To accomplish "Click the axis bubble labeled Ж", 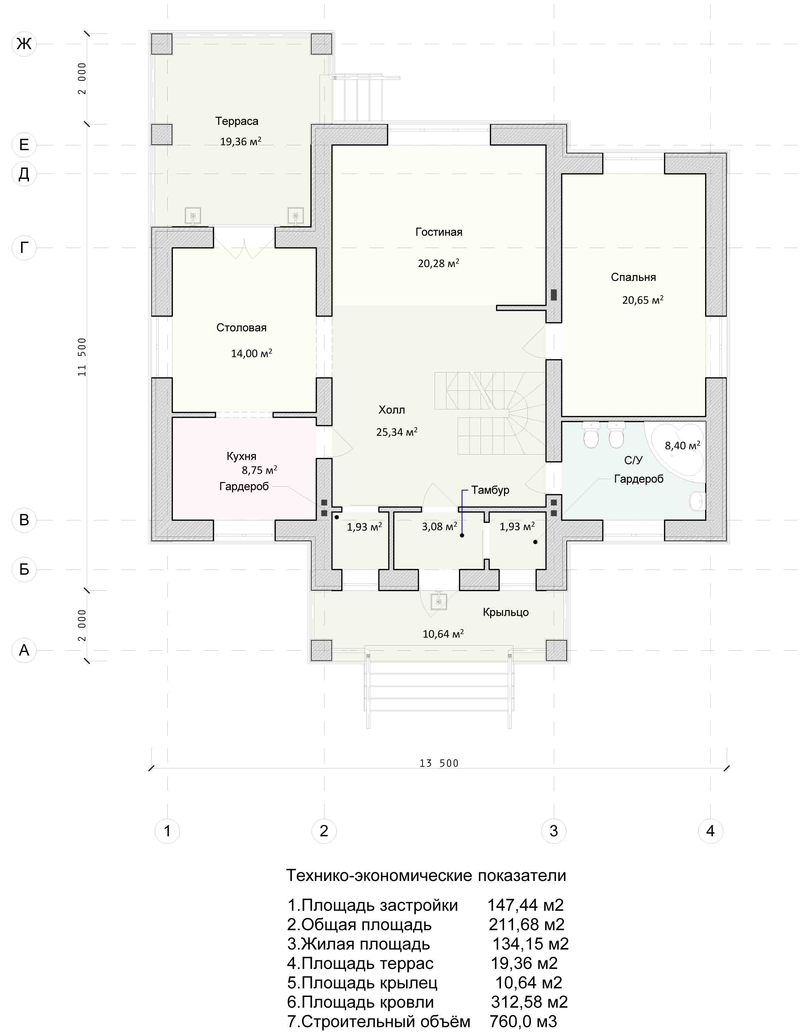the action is click(x=24, y=44).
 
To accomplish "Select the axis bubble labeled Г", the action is click(x=24, y=248).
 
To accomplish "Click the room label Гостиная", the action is click(x=439, y=232).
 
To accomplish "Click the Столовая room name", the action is click(x=242, y=327).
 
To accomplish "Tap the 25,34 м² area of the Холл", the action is click(x=397, y=432).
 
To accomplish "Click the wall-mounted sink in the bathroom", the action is click(x=697, y=501).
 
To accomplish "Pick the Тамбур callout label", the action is click(x=490, y=490).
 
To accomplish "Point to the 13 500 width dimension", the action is click(x=439, y=763).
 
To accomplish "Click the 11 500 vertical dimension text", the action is click(x=82, y=357).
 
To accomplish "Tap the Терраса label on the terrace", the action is click(x=237, y=122).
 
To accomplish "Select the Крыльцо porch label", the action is click(x=506, y=612).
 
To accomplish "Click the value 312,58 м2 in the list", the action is click(x=529, y=1002).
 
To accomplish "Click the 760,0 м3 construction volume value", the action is click(x=523, y=1021).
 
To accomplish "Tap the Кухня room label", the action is click(x=242, y=456).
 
